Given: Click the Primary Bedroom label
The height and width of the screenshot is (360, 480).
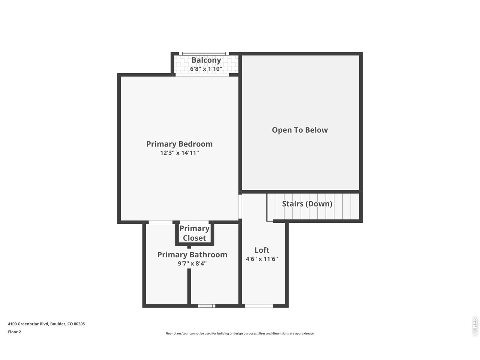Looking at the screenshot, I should [179, 144].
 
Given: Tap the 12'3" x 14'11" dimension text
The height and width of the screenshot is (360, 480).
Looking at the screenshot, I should [179, 153].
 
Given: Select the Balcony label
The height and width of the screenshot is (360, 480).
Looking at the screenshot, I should [206, 60].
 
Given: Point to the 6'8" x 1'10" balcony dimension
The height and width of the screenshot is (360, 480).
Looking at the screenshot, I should [206, 69].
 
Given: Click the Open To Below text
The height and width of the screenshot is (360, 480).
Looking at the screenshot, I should [300, 130].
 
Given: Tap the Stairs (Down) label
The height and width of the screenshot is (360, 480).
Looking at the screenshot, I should [307, 204].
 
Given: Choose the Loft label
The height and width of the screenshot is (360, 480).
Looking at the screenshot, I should [262, 250].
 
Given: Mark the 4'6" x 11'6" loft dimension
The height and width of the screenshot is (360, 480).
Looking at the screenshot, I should [262, 259].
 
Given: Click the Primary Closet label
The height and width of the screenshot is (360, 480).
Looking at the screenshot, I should [194, 233].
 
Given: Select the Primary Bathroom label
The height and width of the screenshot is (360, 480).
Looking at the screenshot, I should [192, 255].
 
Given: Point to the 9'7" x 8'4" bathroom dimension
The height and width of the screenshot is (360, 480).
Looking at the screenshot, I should [192, 264].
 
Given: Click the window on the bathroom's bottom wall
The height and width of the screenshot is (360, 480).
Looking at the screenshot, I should [207, 306].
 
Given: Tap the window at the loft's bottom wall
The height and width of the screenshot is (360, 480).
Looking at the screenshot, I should [259, 306].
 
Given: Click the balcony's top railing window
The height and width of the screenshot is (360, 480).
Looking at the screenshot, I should [204, 54].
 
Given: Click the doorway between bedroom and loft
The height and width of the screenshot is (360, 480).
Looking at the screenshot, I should [240, 206].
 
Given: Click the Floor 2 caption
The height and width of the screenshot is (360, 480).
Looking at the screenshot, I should [15, 332].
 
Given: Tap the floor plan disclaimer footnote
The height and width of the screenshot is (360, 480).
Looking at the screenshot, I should [240, 333].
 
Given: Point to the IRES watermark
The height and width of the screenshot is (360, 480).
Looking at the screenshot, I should [475, 326].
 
